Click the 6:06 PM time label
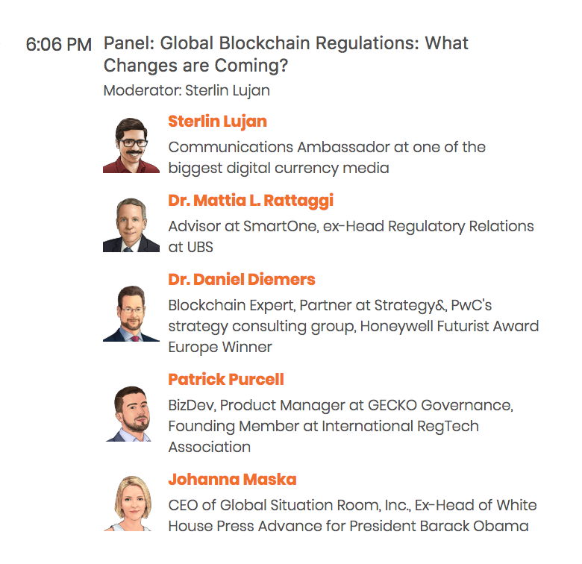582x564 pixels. (x=59, y=45)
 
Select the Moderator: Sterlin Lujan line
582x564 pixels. (x=187, y=91)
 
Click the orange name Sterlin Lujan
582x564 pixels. (x=218, y=122)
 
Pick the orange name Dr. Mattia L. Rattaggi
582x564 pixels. (x=251, y=201)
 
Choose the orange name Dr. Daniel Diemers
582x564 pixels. (x=242, y=280)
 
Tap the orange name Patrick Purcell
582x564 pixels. (x=226, y=379)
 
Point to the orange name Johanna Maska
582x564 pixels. (x=232, y=480)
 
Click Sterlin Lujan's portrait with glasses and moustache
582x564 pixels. (x=131, y=145)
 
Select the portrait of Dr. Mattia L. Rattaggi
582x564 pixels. (x=131, y=225)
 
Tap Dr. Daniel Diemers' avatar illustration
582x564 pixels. (x=131, y=313)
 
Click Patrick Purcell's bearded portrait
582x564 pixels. (x=130, y=414)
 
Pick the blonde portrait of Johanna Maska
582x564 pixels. (x=130, y=504)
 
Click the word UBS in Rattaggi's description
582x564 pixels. (x=200, y=247)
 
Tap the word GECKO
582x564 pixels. (x=392, y=405)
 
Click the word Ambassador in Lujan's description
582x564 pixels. (x=343, y=147)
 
